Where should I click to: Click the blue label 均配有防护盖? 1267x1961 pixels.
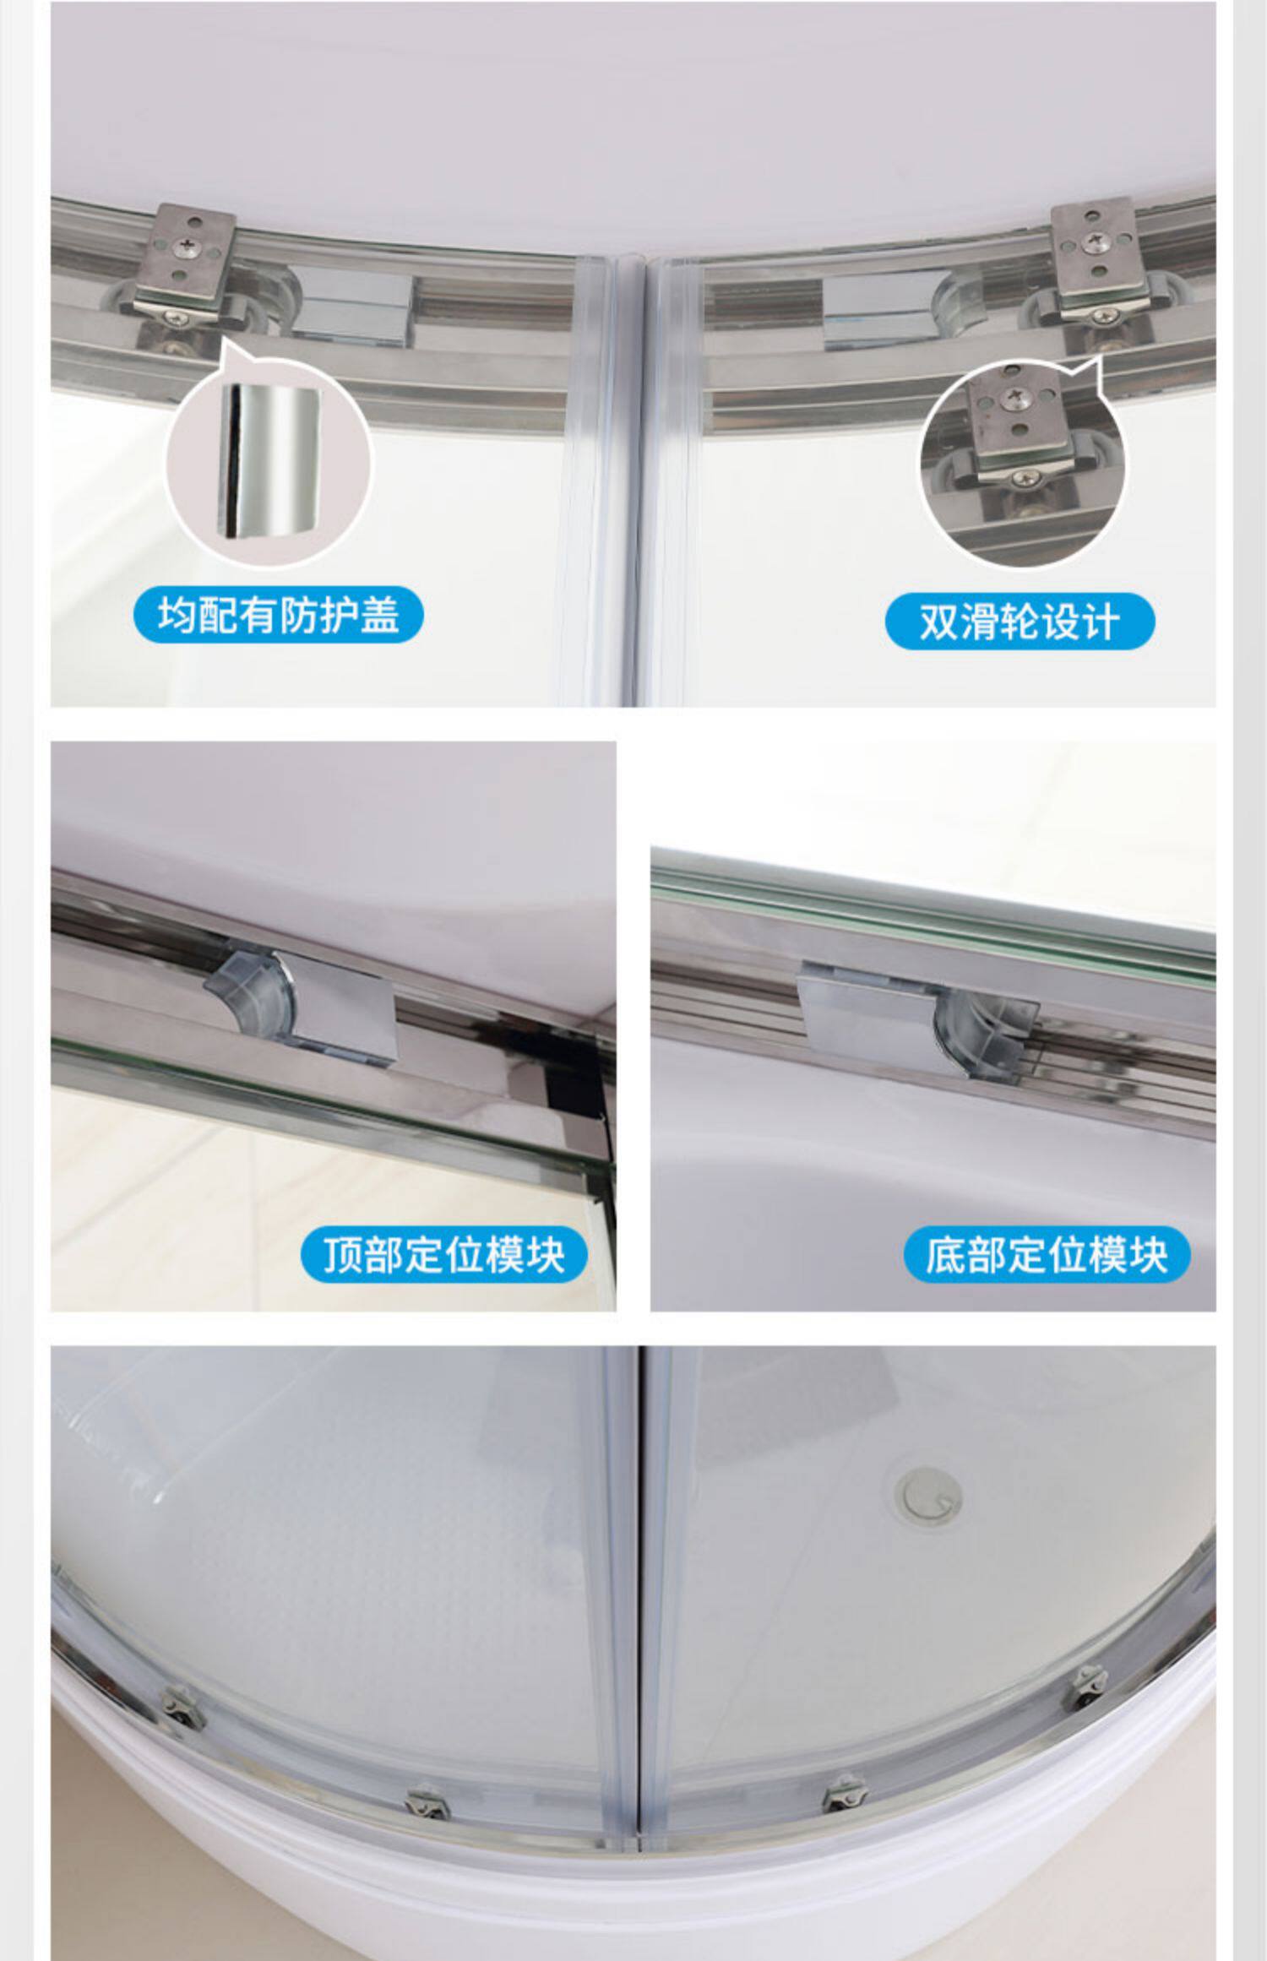pos(278,615)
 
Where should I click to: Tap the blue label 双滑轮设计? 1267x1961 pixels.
pos(1020,622)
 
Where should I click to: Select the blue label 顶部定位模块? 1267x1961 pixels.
pos(443,1254)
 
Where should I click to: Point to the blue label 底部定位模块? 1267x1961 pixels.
pos(1047,1254)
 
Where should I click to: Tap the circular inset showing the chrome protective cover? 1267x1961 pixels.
pos(268,462)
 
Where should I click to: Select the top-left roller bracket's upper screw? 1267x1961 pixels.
pos(183,246)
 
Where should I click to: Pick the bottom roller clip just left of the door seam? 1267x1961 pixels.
pos(427,1803)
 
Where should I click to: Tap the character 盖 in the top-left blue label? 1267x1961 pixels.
pos(380,615)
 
